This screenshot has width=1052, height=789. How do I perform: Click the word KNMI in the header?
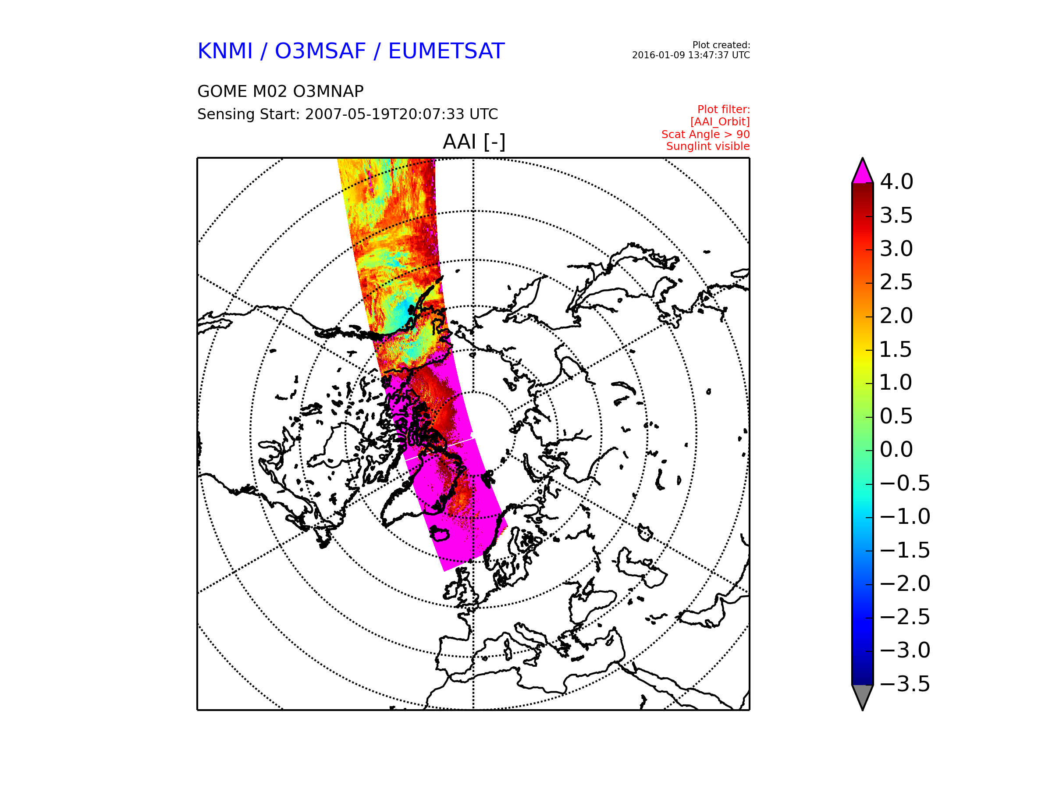[x=225, y=51]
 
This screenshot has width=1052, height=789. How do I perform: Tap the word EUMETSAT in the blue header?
[x=446, y=51]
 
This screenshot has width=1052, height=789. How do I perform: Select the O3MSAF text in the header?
[x=320, y=51]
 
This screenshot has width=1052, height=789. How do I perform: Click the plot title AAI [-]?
[x=474, y=142]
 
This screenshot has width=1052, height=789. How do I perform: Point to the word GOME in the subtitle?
[x=219, y=91]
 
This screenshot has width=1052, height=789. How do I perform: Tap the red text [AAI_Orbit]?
[x=720, y=122]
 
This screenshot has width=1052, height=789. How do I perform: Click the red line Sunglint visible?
[x=707, y=146]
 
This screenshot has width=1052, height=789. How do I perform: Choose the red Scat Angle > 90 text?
[x=705, y=134]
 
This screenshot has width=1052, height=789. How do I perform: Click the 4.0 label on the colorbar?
[x=896, y=181]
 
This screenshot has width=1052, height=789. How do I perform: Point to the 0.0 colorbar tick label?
[x=896, y=449]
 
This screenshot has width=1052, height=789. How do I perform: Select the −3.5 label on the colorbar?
[x=905, y=684]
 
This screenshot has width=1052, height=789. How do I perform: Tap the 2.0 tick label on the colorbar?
[x=896, y=316]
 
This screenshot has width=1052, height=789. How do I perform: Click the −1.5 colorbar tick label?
[x=905, y=550]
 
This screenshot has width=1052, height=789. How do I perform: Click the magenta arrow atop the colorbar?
[x=862, y=173]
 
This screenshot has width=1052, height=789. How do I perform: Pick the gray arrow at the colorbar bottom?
[x=862, y=696]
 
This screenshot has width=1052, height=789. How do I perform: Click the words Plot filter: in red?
[x=723, y=110]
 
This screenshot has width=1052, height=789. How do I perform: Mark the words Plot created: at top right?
[x=721, y=45]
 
